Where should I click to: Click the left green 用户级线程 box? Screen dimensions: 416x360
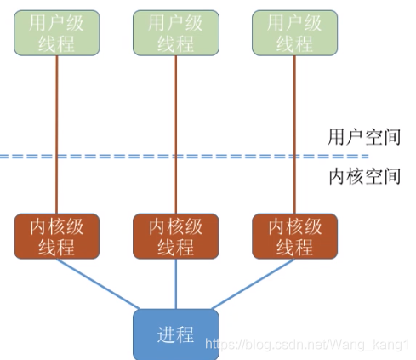coord(57,33)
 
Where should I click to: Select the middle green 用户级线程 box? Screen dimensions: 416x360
coord(176,33)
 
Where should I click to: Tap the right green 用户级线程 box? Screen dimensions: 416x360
coord(294,33)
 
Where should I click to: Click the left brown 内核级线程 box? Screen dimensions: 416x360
coord(57,237)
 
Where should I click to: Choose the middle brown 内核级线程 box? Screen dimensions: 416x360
coord(176,237)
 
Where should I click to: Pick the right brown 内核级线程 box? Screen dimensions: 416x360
coord(294,237)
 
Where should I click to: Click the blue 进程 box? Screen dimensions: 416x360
coord(176,334)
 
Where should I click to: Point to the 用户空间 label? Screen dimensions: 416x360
coord(364,137)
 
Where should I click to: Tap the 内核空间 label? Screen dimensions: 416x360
coord(365,176)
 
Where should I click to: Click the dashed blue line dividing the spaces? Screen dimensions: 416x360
coord(185,157)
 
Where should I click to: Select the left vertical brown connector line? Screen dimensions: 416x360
coord(57,134)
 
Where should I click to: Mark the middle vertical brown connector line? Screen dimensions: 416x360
coord(176,134)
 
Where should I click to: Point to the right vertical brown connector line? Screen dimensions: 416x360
coord(294,134)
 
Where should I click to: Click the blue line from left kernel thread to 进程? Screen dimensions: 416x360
coord(98,283)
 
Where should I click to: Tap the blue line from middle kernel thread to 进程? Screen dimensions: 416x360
coord(176,283)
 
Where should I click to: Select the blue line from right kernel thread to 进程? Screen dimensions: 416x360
coord(254,283)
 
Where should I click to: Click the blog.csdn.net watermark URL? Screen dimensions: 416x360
coord(307,345)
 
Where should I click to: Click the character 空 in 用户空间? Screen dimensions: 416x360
coord(373,137)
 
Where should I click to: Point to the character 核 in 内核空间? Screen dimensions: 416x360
coord(355,176)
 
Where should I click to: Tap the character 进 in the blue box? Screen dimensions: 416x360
coord(167,334)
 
